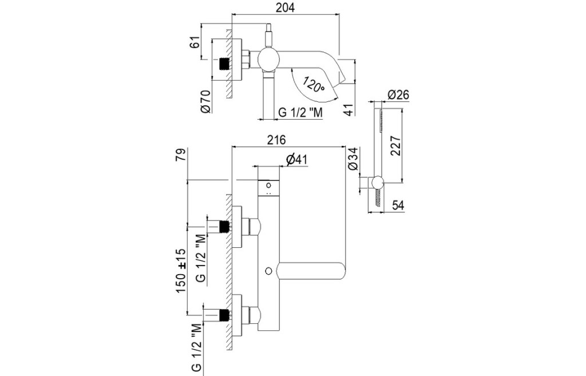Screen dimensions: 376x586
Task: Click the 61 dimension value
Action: (x=195, y=42)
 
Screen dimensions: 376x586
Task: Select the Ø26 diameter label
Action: (x=398, y=94)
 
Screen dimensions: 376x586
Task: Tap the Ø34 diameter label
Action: (x=353, y=159)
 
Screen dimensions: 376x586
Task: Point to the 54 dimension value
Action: (x=399, y=205)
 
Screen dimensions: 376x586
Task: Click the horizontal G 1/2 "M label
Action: (x=300, y=112)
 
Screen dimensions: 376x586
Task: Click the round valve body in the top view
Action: (x=267, y=60)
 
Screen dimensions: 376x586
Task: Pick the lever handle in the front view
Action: (x=312, y=270)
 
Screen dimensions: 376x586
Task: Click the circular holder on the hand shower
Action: (x=376, y=183)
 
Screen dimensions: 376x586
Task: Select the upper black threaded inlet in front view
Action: (x=225, y=227)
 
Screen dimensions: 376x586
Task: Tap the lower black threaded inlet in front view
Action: (x=225, y=314)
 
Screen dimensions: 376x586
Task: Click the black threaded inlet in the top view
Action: (x=225, y=62)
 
